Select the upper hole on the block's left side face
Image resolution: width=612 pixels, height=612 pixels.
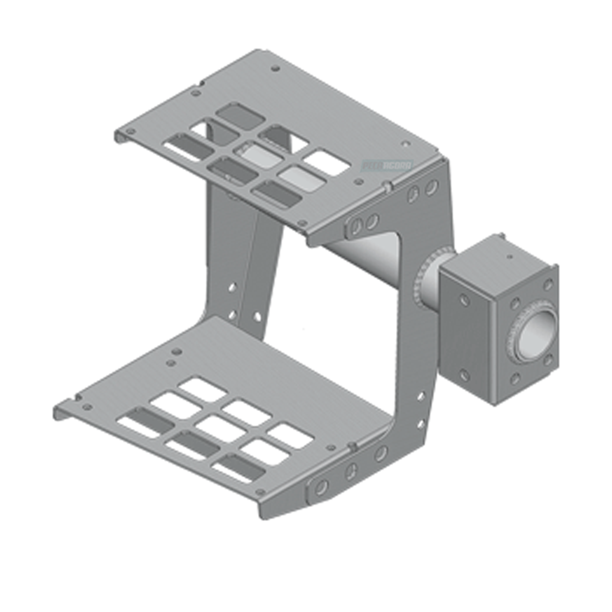coord(465,300)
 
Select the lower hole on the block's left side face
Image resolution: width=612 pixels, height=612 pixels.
coord(465,376)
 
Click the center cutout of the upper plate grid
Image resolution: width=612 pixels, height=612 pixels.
coord(253,151)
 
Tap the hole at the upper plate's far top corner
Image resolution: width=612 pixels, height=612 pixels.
coord(276,68)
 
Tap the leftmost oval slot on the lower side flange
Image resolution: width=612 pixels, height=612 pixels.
coord(321,487)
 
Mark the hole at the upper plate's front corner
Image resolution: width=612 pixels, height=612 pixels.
coord(301,222)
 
